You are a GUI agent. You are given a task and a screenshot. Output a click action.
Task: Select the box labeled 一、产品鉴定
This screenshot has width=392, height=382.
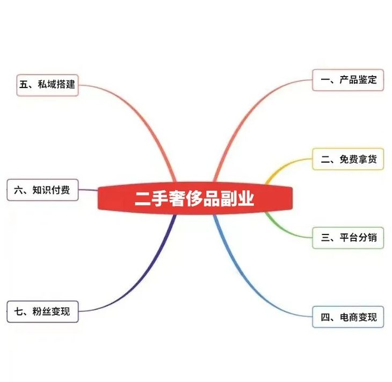click(348, 80)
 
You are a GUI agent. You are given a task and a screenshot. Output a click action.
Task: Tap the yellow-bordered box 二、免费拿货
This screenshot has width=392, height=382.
click(348, 159)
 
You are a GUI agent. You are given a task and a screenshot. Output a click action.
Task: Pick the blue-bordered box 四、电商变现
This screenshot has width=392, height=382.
click(348, 317)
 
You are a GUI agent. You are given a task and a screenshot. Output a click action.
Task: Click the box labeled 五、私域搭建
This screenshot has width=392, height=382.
click(47, 85)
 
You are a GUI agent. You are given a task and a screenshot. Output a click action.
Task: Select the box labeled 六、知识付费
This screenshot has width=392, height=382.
click(42, 190)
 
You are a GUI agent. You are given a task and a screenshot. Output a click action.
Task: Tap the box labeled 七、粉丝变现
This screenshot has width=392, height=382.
click(42, 311)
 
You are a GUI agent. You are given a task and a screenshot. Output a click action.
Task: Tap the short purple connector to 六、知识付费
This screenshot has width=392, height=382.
click(89, 190)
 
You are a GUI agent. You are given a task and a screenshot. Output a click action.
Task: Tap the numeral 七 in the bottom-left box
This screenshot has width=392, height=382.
click(19, 311)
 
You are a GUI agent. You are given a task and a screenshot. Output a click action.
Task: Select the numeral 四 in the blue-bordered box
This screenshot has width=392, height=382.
click(325, 317)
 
